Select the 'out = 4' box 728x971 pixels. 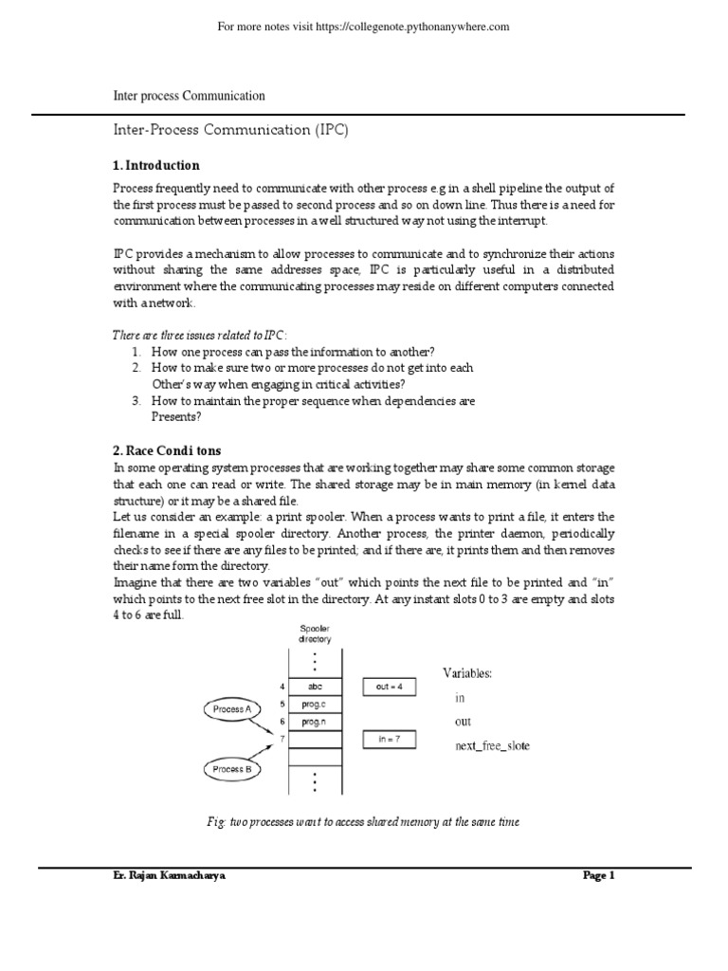pos(389,687)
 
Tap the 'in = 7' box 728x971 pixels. pos(389,740)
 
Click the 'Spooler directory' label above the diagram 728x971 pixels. pos(315,634)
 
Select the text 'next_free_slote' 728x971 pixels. pos(493,746)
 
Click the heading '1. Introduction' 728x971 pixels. pos(155,165)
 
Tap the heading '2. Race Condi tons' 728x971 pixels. pos(167,449)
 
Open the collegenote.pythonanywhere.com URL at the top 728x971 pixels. pos(364,27)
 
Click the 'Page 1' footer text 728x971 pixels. pos(598,876)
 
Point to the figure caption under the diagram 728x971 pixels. pos(364,822)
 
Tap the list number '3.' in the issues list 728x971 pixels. pos(136,401)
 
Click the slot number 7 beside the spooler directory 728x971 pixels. pos(282,739)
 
